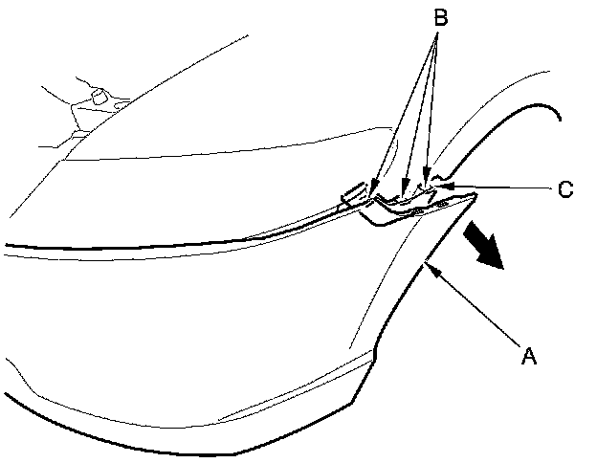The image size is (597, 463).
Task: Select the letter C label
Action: coord(565,188)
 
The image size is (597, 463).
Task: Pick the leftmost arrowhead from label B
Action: coord(374,189)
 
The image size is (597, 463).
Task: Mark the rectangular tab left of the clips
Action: coord(352,193)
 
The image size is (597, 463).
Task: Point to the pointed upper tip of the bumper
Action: coord(475,194)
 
